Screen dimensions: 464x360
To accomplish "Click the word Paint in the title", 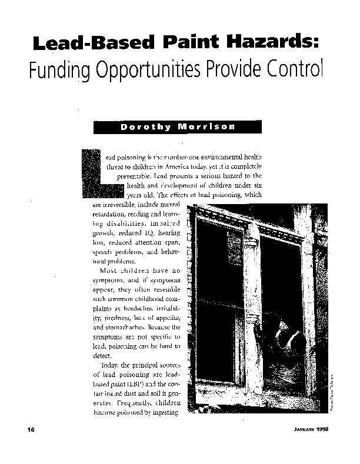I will tap(184, 43).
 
